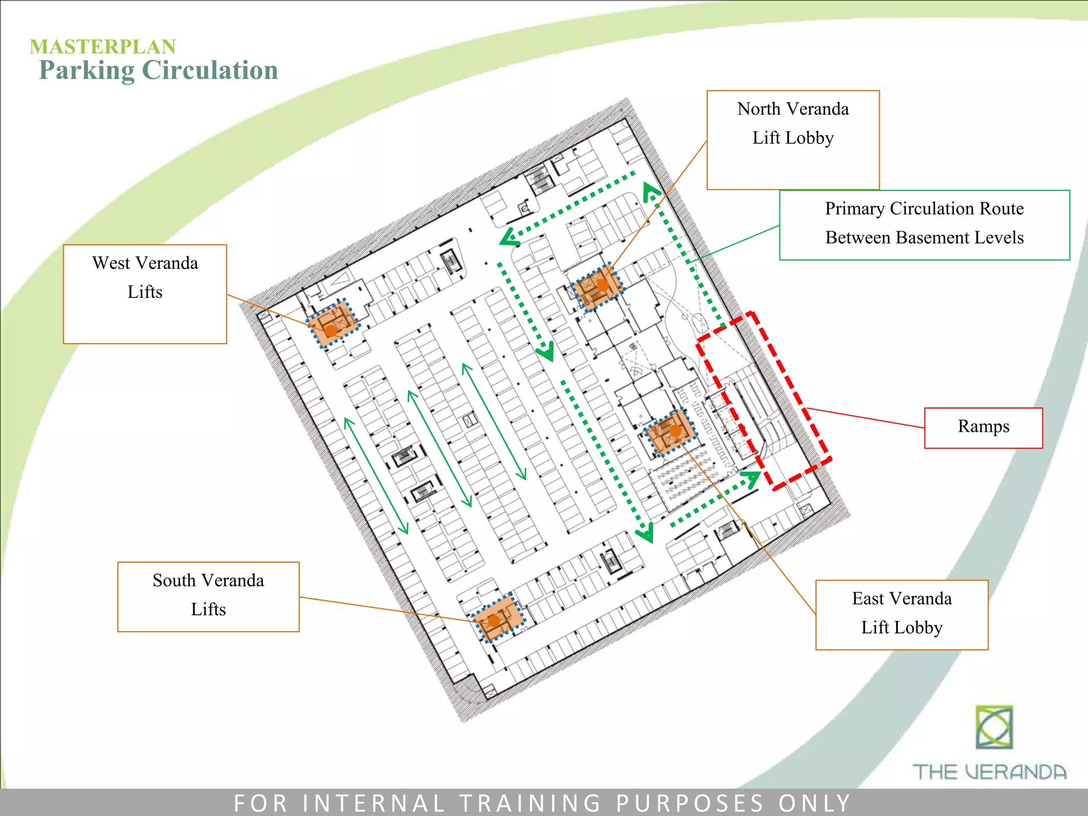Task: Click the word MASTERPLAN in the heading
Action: [103, 47]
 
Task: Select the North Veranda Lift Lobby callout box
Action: [793, 140]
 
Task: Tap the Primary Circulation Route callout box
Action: [924, 225]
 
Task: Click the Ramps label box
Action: [983, 428]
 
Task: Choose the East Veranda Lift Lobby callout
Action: [902, 615]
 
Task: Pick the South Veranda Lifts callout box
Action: [208, 597]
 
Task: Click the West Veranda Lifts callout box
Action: [144, 294]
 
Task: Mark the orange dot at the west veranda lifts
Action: [331, 330]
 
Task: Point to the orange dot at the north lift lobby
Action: [602, 285]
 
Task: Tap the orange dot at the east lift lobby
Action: [675, 431]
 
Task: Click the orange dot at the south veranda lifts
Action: [494, 620]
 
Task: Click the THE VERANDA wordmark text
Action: [989, 772]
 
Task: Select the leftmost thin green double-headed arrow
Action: [376, 475]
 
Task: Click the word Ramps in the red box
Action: [983, 427]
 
